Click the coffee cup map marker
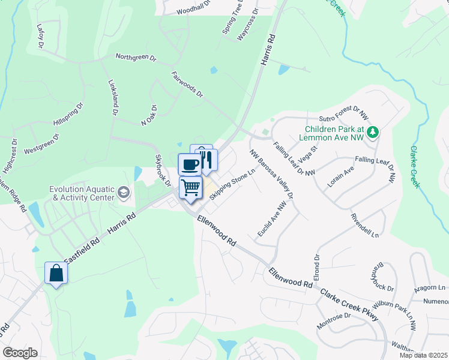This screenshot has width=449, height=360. (190, 164)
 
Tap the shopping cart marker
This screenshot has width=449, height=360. (191, 187)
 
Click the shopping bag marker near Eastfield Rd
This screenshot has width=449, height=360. (56, 273)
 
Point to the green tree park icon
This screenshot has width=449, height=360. (373, 132)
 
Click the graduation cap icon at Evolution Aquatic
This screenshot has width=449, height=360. (124, 192)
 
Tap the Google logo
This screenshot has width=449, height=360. (20, 353)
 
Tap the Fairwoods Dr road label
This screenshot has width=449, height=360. (188, 86)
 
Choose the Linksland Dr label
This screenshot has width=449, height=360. (112, 98)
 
